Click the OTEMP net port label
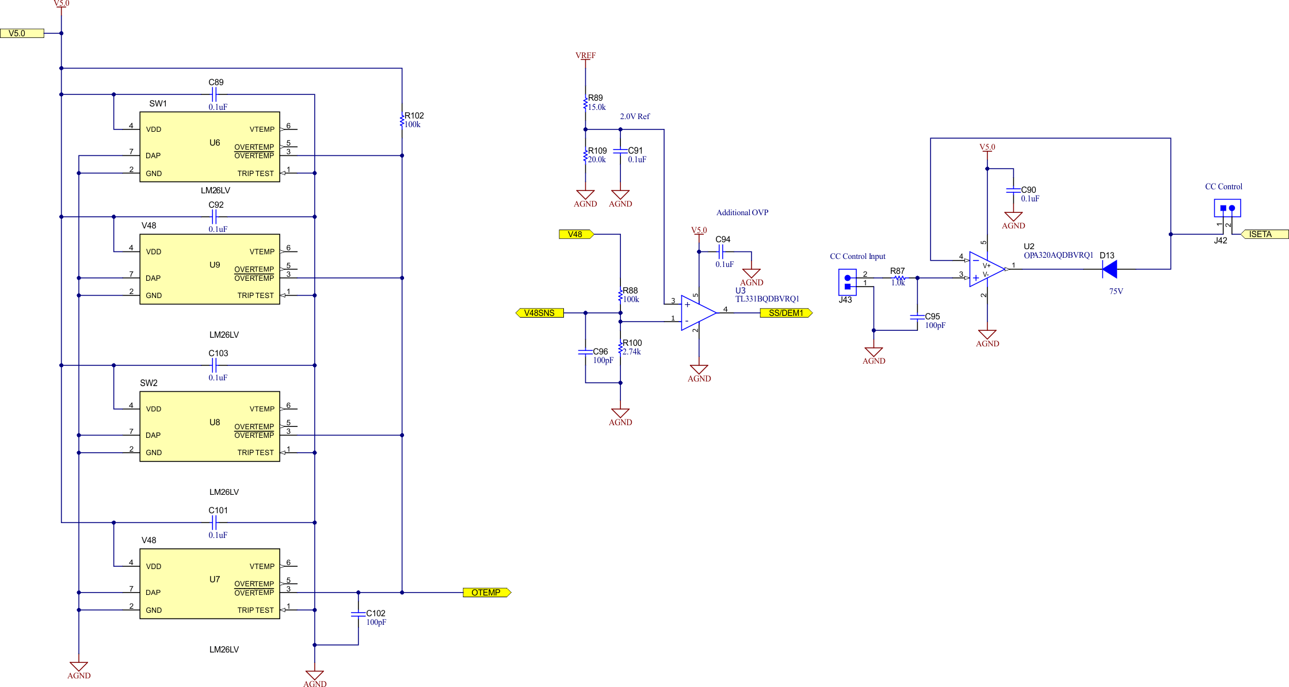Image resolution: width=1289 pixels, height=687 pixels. tap(486, 593)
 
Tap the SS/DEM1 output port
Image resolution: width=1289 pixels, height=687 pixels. tap(786, 313)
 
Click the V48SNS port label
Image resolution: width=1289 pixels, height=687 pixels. tap(539, 313)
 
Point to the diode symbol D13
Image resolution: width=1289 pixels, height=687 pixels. tap(1110, 269)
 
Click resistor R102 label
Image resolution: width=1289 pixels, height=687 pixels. tap(414, 116)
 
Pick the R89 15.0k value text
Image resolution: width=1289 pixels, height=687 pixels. tap(597, 107)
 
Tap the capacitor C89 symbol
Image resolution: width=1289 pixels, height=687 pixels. tap(216, 94)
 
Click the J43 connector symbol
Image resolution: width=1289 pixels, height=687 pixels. tap(847, 282)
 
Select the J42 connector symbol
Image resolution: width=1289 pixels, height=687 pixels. tap(1227, 208)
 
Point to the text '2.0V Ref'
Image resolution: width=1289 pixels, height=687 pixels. tap(635, 116)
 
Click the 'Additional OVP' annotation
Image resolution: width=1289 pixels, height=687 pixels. tap(742, 212)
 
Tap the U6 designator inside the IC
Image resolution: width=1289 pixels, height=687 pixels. tap(215, 143)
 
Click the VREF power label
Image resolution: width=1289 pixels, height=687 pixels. tap(585, 56)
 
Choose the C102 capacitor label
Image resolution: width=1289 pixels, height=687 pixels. tap(376, 613)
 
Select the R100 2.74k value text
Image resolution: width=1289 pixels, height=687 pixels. tap(632, 352)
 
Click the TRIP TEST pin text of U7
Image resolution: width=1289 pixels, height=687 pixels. tap(255, 610)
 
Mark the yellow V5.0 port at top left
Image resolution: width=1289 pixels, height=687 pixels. tap(22, 33)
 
